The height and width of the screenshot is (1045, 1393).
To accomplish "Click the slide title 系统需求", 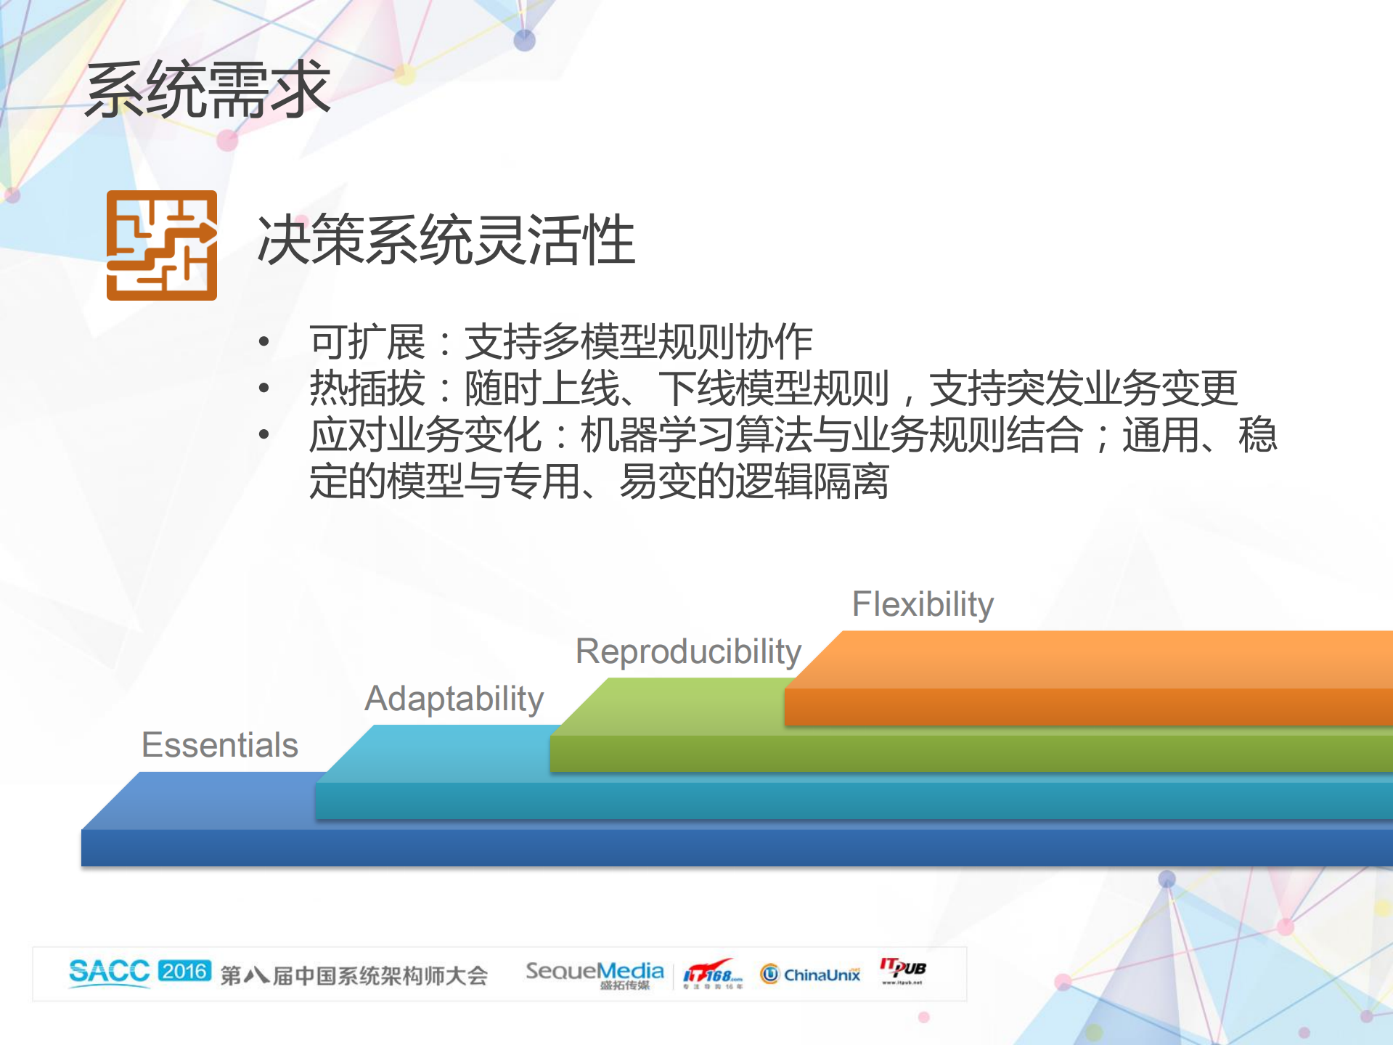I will point(208,90).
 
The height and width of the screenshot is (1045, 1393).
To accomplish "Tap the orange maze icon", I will point(161,245).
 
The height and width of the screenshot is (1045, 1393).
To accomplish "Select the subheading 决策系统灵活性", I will point(446,240).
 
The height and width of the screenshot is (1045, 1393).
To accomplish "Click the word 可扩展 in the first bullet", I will point(367,342).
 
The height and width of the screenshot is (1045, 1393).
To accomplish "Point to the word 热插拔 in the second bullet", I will point(367,389).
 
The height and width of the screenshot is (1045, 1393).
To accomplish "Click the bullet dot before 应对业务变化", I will point(264,435).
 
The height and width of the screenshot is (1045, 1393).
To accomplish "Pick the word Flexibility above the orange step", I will point(922,604).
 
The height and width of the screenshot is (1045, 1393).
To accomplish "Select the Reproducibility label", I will point(687,651).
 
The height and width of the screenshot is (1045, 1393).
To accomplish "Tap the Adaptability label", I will point(454,699).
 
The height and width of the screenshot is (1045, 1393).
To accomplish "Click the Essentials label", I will point(220,745).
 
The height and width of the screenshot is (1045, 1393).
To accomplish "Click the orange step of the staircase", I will point(1089,679).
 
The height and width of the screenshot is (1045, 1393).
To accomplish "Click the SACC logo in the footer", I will point(109,972).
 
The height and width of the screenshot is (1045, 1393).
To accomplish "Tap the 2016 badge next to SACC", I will point(184,971).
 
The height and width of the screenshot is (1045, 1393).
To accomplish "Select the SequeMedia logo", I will point(594,973).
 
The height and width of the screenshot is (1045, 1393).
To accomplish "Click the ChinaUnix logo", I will point(810,974).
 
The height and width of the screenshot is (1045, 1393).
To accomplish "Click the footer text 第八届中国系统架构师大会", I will point(354,975).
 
